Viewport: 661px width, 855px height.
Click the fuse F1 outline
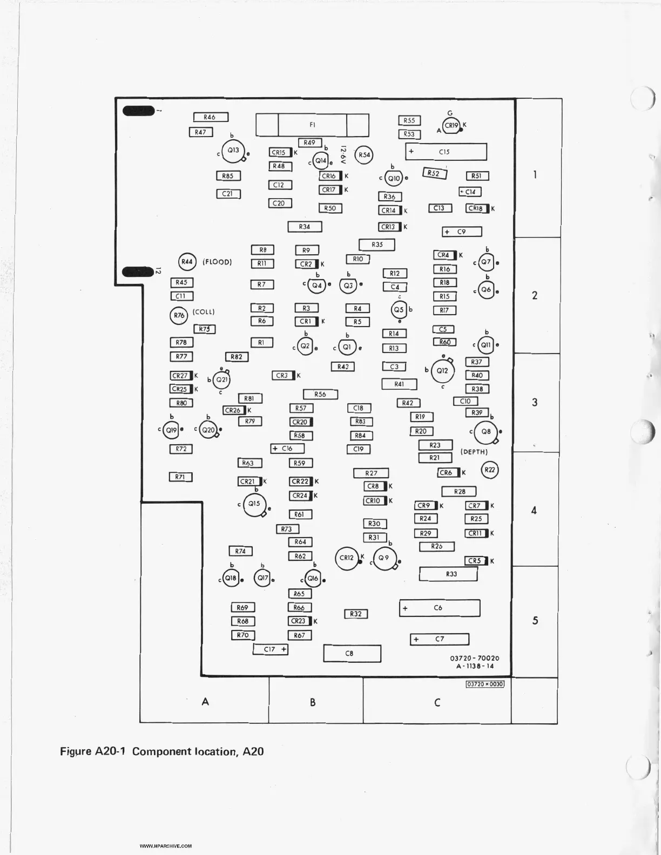point(312,125)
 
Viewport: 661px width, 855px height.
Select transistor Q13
point(233,151)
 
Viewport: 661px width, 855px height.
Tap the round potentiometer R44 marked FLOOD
point(187,262)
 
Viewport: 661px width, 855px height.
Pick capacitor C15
point(446,152)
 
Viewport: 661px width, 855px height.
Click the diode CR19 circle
point(451,126)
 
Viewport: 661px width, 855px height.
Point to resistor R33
point(449,574)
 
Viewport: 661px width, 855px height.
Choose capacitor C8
point(352,653)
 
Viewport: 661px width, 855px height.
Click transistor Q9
point(384,558)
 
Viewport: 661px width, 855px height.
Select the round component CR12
point(346,558)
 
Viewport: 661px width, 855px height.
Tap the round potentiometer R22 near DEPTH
point(489,470)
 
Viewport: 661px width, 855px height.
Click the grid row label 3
point(535,403)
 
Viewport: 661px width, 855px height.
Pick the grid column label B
point(313,702)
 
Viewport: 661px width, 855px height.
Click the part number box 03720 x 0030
point(485,684)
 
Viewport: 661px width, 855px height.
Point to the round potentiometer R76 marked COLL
point(179,315)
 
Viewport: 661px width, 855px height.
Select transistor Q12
point(442,371)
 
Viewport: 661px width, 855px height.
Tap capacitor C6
point(440,608)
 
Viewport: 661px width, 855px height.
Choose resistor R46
point(211,117)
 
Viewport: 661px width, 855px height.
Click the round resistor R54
point(365,155)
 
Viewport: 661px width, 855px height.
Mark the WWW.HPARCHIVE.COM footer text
point(166,846)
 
